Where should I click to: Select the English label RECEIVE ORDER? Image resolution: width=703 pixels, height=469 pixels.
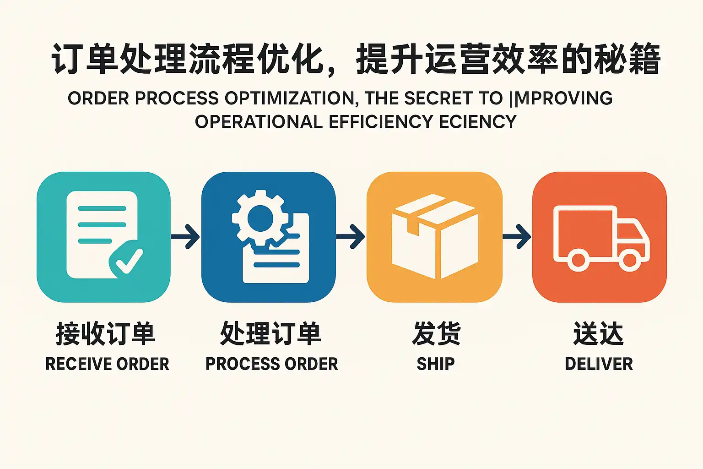pos(107,364)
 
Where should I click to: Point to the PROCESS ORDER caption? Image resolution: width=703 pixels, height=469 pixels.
pos(271,364)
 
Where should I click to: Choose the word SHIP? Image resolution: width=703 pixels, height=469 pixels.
pos(436,364)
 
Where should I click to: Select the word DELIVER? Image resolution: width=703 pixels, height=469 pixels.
pos(599,364)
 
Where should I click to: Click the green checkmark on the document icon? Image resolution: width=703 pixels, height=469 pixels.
pos(127,260)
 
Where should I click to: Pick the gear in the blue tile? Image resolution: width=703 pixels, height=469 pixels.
pos(260,218)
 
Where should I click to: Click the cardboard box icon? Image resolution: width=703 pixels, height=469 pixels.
pos(435,236)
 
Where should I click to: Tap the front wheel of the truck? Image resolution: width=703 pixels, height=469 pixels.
pos(629,260)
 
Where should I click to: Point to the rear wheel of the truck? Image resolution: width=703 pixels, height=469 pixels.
pos(578,260)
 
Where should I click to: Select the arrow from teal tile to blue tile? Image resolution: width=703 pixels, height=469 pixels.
pos(186,237)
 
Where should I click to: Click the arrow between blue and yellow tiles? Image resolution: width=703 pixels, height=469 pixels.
pos(351,237)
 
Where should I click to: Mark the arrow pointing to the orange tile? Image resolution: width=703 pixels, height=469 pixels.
pos(517,237)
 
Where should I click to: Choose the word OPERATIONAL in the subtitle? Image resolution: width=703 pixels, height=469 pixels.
pos(259,122)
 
